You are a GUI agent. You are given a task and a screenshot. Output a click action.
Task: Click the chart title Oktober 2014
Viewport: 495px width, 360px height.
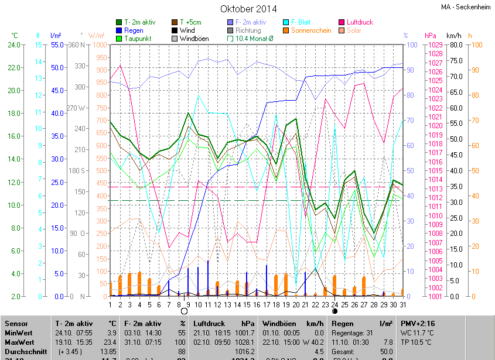coord(248,9)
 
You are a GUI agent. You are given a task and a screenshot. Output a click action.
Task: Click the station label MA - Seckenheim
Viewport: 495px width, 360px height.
coord(467,7)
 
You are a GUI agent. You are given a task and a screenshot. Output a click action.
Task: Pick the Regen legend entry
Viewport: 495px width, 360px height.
coord(134,30)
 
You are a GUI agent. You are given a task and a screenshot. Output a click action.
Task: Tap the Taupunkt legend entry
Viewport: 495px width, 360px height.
coord(138,39)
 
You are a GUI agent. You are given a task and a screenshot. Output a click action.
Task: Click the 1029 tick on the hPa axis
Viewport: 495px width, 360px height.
coord(434,45)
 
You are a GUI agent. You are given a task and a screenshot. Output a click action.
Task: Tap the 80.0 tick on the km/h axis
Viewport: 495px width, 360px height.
coord(458,45)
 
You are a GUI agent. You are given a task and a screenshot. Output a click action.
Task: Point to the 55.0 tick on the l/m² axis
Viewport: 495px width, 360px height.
coord(57,45)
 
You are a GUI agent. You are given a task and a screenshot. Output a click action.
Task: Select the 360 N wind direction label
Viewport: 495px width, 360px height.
coord(77,45)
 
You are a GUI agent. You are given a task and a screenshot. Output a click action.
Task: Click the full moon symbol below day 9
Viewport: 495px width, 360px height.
coord(185,311)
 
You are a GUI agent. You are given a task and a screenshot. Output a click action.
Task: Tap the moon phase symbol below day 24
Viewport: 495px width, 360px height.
coord(334,311)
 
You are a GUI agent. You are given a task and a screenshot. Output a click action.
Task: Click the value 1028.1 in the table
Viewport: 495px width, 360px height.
coord(245,342)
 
